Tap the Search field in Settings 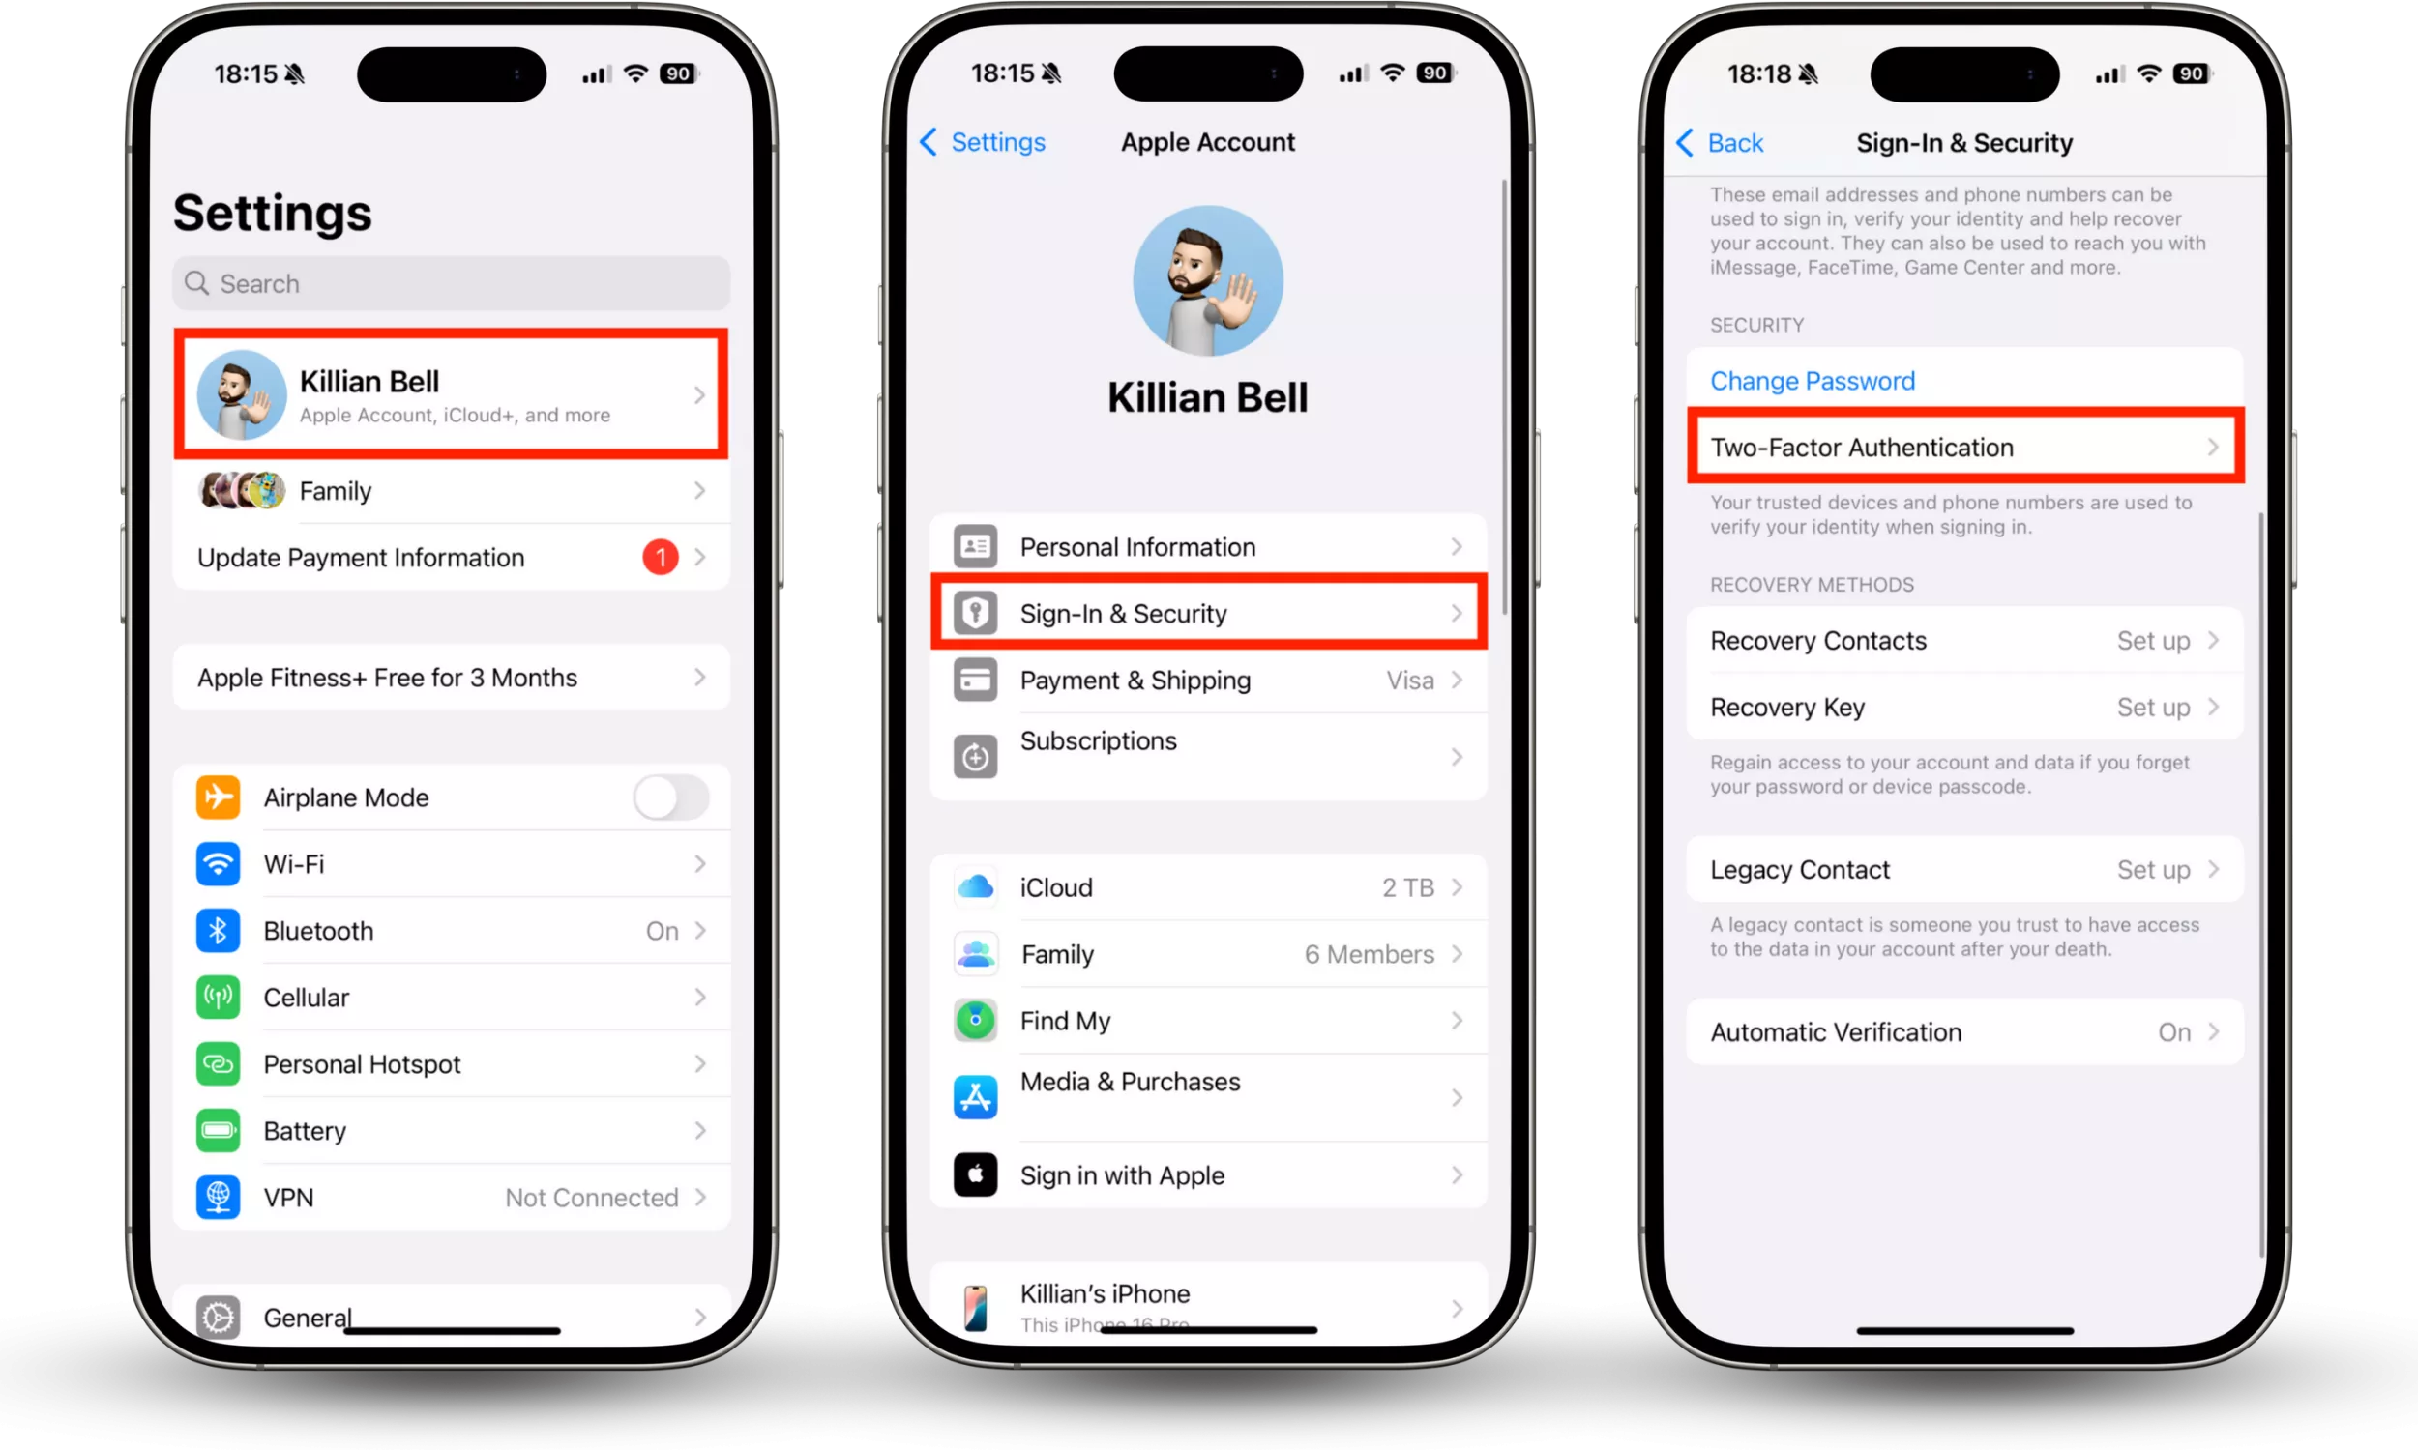451,283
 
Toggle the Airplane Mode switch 670,797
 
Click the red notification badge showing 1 660,557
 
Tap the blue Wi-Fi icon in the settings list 218,864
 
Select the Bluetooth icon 218,930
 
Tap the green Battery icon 218,1130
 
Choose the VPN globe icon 218,1197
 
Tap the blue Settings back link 983,143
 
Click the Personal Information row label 1137,547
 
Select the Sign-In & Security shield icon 975,613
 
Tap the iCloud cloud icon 975,887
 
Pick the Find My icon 975,1020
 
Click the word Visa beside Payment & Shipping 1410,681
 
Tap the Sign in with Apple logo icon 975,1174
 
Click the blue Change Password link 1812,381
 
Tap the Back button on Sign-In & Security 1720,144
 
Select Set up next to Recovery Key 2153,708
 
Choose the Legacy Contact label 1799,870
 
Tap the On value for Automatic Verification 2173,1032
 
